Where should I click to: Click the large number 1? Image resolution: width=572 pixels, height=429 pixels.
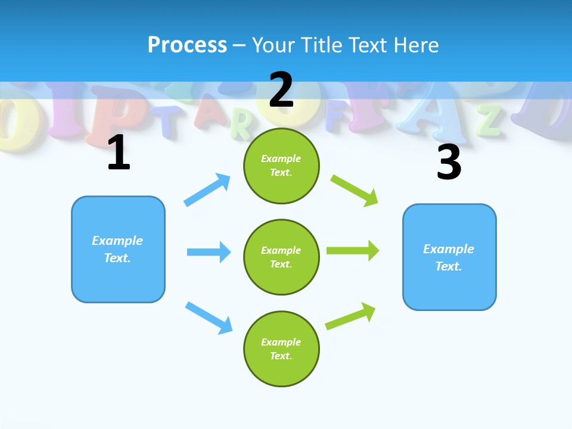(x=119, y=153)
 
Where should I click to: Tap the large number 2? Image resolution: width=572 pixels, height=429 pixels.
(x=281, y=90)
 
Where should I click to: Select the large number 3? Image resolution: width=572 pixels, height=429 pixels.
(x=449, y=163)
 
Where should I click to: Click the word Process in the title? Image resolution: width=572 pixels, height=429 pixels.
(x=187, y=45)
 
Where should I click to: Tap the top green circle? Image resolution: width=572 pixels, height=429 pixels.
(x=281, y=166)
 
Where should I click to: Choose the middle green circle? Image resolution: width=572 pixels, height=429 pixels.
(x=281, y=257)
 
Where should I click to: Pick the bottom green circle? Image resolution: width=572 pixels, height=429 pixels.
(x=281, y=349)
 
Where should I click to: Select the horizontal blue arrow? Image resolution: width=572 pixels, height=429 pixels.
(x=209, y=252)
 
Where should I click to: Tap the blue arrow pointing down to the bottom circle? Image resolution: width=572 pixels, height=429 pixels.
(x=209, y=318)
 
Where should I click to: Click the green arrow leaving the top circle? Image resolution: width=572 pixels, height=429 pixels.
(x=355, y=190)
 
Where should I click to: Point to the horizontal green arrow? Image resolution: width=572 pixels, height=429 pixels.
(x=353, y=251)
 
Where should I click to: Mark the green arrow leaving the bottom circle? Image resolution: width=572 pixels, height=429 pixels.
(x=350, y=316)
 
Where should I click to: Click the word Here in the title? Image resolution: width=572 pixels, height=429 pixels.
(x=415, y=45)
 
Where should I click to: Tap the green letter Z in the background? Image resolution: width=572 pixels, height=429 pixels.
(x=490, y=121)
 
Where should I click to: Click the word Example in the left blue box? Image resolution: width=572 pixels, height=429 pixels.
(x=117, y=241)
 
